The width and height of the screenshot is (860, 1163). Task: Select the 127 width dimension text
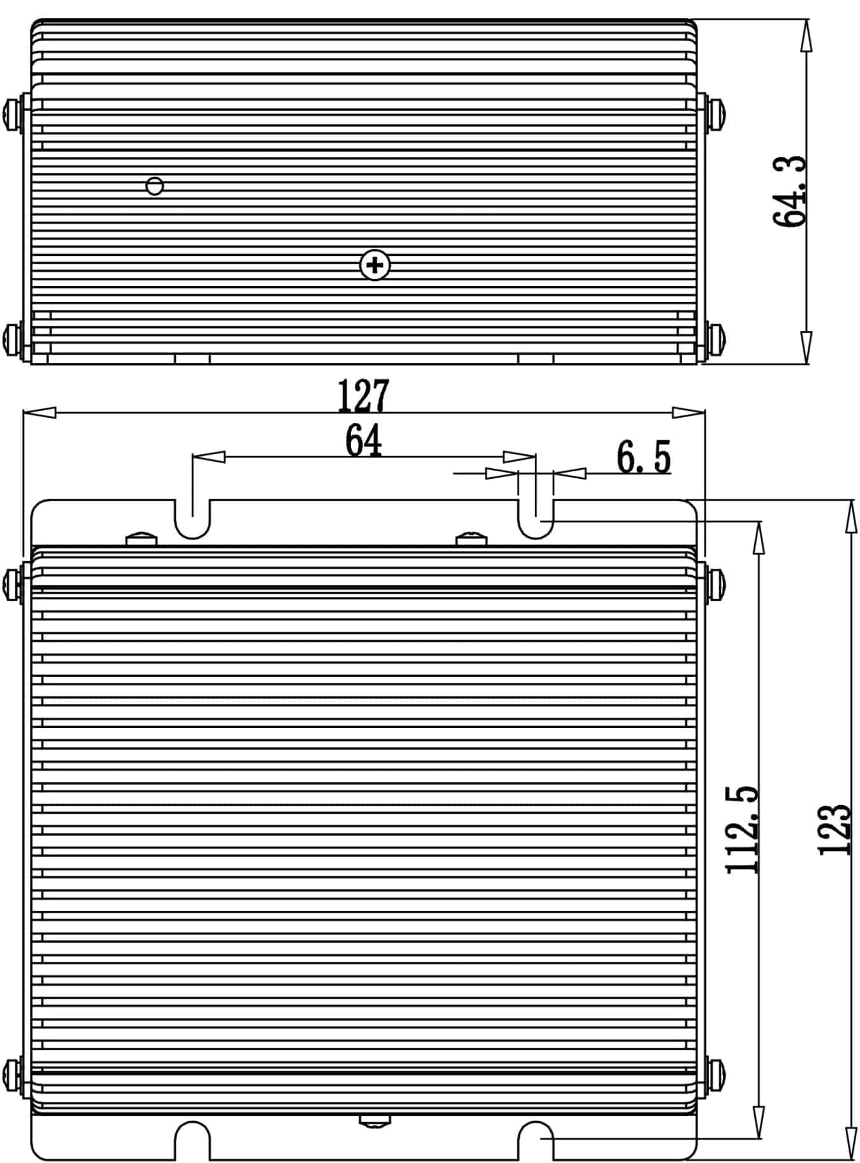(x=362, y=396)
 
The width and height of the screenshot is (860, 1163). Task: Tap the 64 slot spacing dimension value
(x=363, y=440)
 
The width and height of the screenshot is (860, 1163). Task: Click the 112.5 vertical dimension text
(x=743, y=829)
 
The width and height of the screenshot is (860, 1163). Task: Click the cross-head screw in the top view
(x=375, y=265)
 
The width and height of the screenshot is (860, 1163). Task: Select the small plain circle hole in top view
(x=155, y=186)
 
